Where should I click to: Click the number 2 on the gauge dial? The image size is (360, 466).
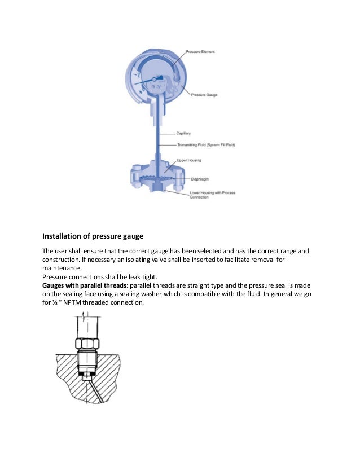[x=138, y=74]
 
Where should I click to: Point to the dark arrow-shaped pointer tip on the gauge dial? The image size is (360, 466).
[x=161, y=78]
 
